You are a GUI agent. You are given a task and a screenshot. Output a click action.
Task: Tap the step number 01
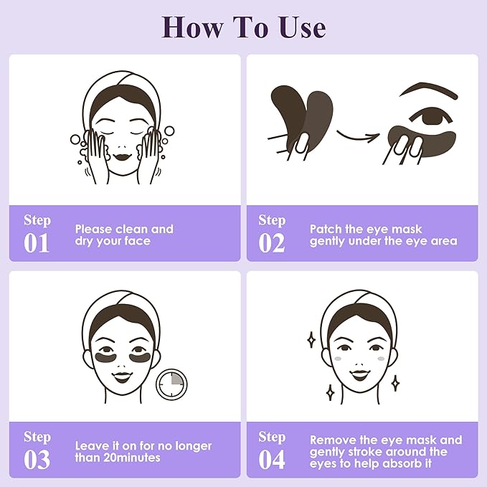tap(37, 242)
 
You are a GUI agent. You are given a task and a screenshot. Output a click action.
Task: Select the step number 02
tap(272, 242)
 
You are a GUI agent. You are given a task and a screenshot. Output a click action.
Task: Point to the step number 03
tap(37, 459)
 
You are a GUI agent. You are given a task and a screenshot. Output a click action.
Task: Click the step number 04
tap(272, 459)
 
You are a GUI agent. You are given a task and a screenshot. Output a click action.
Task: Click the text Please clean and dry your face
tap(124, 235)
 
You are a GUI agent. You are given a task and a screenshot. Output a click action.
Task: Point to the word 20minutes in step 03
tap(129, 458)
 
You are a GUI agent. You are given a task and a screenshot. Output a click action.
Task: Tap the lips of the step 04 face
tap(356, 370)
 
